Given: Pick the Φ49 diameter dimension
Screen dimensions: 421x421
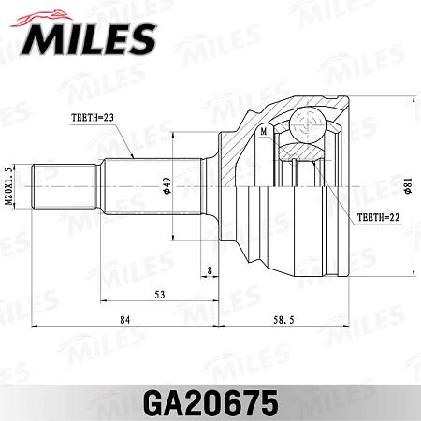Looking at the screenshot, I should point(166,184).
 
